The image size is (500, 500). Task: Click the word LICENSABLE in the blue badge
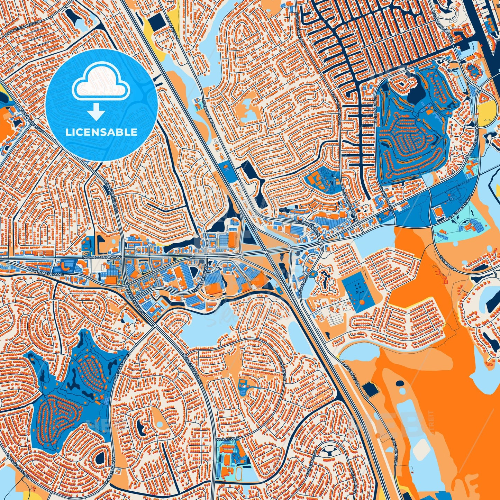pyautogui.click(x=101, y=132)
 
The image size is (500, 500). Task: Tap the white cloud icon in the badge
pyautogui.click(x=101, y=83)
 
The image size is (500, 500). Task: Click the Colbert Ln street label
pyautogui.click(x=446, y=263)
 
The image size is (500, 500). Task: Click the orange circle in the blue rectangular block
pyautogui.click(x=362, y=302)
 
